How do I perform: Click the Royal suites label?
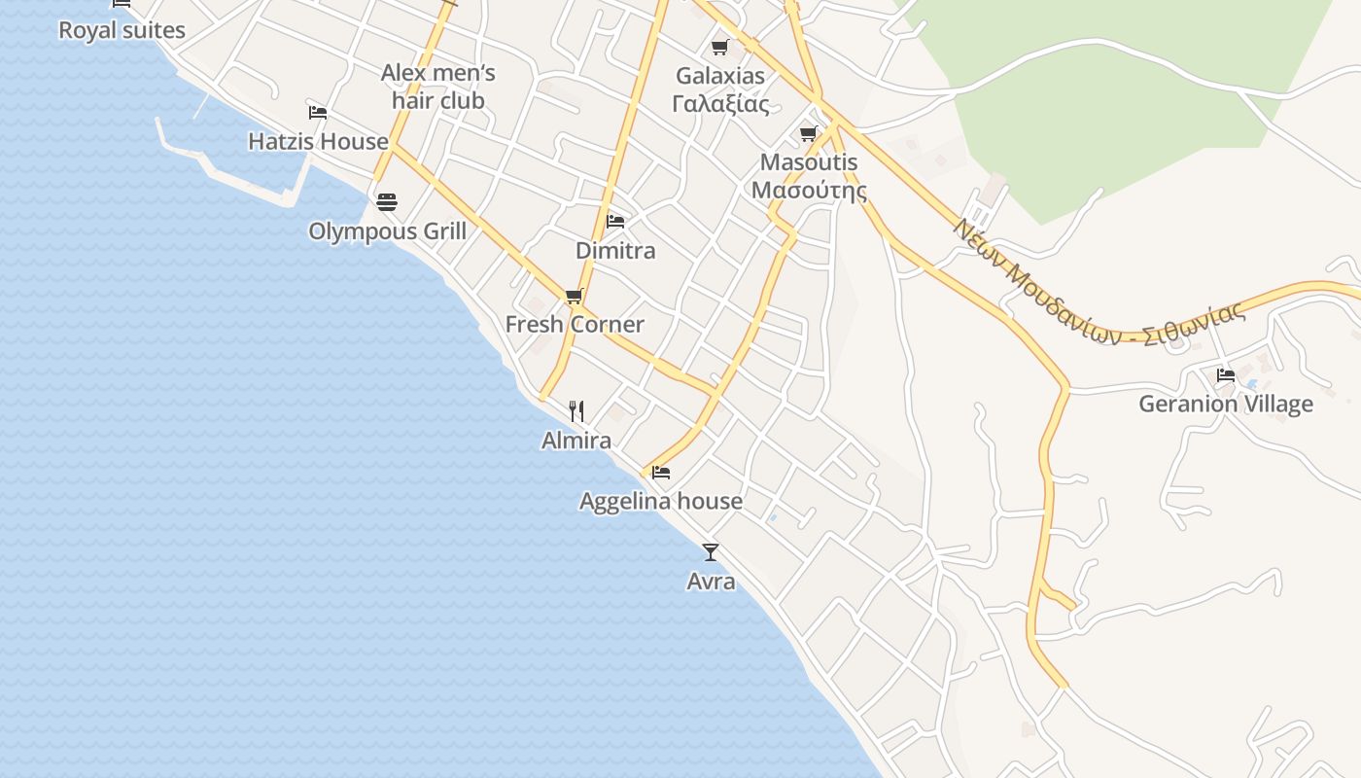(x=122, y=30)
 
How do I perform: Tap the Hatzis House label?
(x=318, y=141)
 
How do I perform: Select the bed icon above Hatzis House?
(x=317, y=112)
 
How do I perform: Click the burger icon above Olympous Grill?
(x=387, y=202)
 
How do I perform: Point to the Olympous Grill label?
(x=387, y=231)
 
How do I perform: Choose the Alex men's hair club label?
(x=438, y=87)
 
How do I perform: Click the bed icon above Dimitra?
(x=615, y=222)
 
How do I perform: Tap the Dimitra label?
(x=615, y=251)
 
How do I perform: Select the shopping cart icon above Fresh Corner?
(x=575, y=296)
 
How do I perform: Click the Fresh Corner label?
(x=575, y=325)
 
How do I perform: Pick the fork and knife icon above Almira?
(x=576, y=411)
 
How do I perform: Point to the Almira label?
(x=576, y=441)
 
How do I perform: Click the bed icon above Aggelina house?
(x=661, y=473)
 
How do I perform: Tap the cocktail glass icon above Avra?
(x=711, y=552)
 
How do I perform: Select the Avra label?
(x=711, y=582)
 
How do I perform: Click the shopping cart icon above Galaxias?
(x=720, y=47)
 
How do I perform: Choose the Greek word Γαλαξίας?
(x=720, y=104)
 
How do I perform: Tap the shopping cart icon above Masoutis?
(x=809, y=133)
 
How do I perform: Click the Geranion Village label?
(x=1226, y=404)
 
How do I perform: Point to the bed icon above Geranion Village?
(x=1226, y=374)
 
